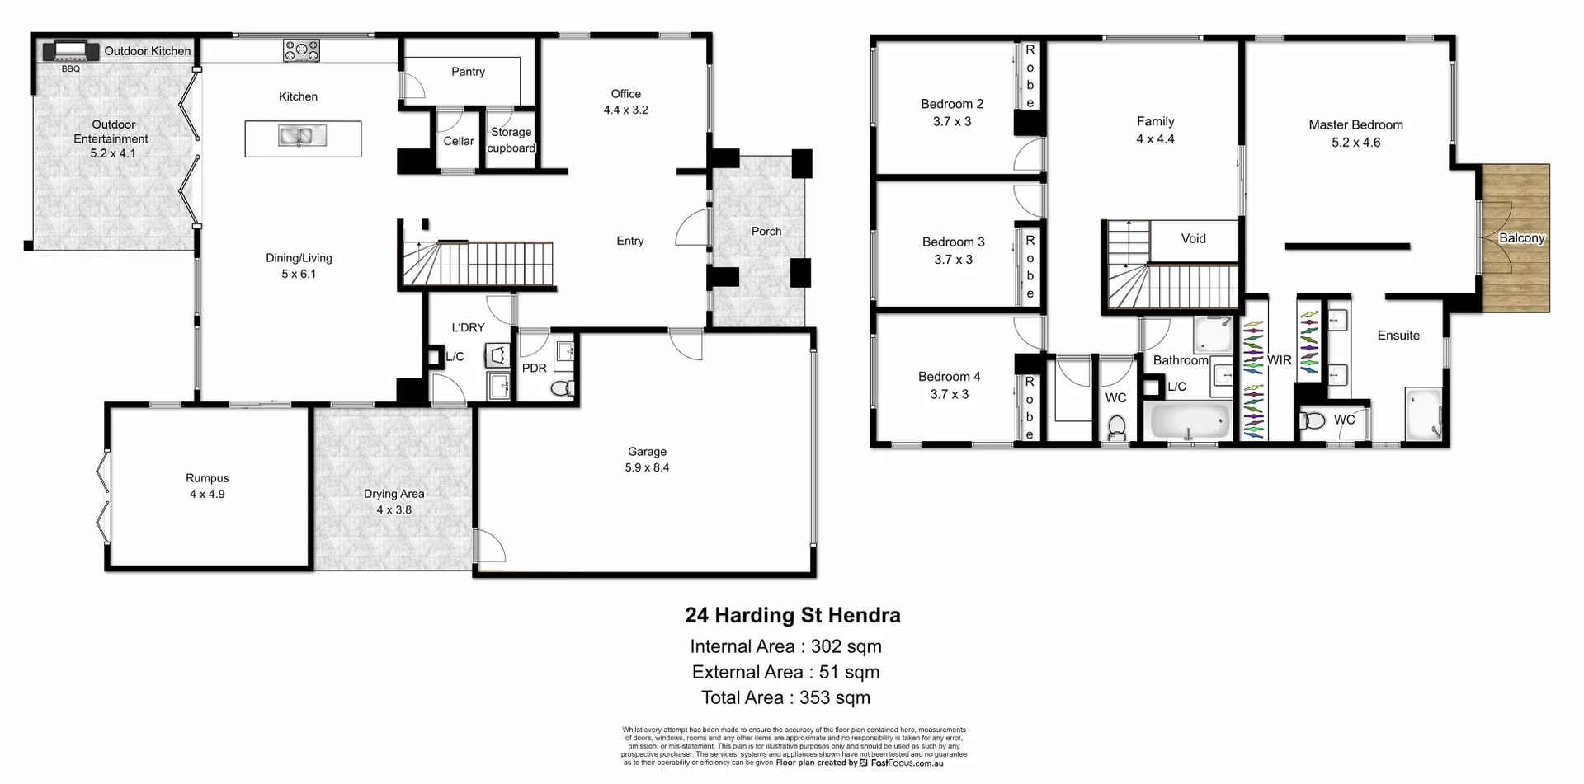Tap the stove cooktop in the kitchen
click(301, 51)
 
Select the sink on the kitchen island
click(302, 136)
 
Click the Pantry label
click(468, 72)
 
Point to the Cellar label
click(459, 141)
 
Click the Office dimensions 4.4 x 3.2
click(625, 110)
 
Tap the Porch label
click(766, 232)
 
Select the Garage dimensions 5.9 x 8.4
click(647, 467)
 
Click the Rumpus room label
click(207, 478)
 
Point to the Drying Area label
click(394, 494)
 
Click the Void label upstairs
click(1193, 239)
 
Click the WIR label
click(1279, 360)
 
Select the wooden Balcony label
click(1521, 238)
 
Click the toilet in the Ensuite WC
click(1313, 421)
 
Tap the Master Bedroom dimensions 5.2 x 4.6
click(1355, 143)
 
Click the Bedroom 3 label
click(953, 242)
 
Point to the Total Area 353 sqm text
click(785, 697)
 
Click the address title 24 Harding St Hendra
click(792, 615)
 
